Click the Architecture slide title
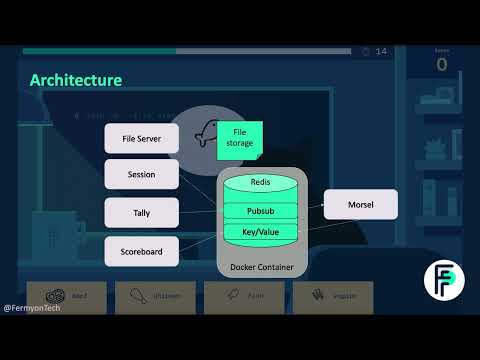76,80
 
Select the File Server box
142,138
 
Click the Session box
142,174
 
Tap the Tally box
142,211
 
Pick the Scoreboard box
142,250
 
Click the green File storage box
240,138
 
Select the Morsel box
360,204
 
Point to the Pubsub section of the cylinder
260,211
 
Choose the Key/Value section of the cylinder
260,231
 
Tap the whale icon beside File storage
207,133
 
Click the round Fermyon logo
443,280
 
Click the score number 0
442,65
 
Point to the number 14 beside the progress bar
381,52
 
